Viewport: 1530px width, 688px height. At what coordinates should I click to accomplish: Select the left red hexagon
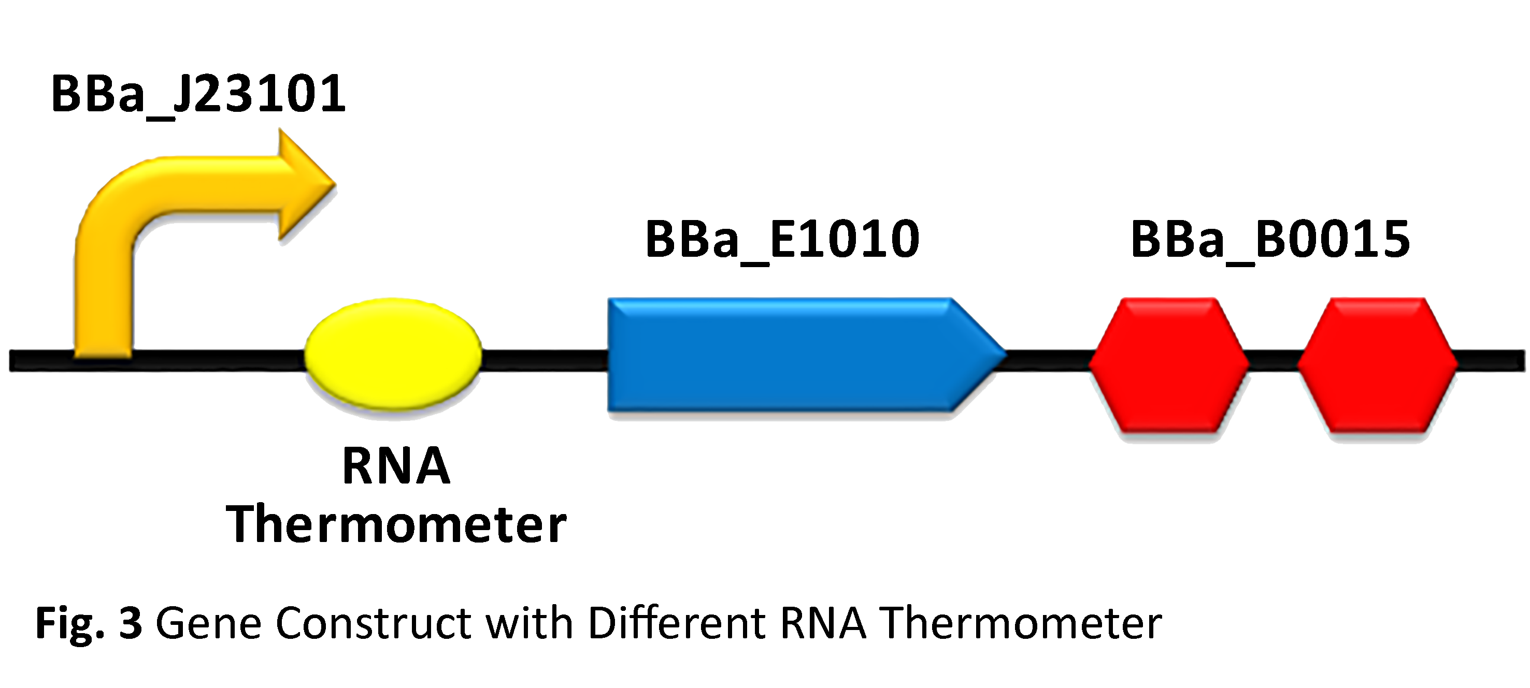1168,363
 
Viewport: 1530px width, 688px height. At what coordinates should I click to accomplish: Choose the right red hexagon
1377,363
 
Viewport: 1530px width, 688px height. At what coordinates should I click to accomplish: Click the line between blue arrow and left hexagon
1048,360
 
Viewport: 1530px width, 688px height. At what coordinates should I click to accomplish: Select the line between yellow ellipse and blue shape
544,360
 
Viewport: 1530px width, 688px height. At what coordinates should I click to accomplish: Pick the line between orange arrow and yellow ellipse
217,360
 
